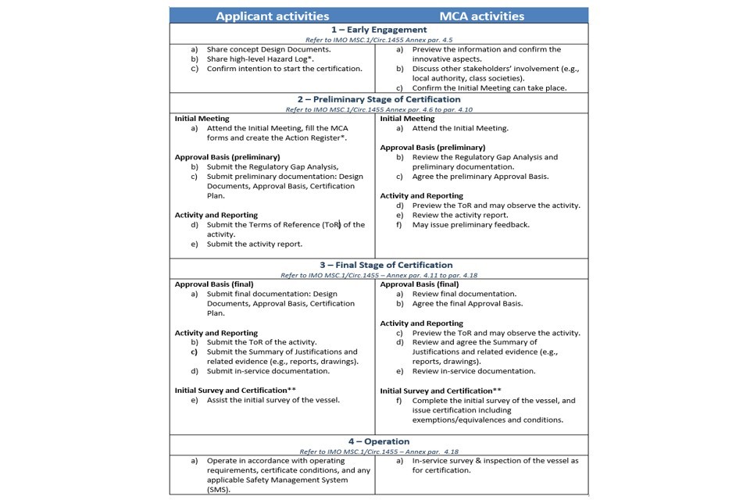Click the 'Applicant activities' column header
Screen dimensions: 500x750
pyautogui.click(x=272, y=16)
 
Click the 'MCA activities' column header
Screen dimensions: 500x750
pyautogui.click(x=481, y=16)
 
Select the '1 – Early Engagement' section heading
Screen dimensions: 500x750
pyautogui.click(x=379, y=30)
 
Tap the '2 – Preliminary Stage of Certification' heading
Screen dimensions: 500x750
pyautogui.click(x=379, y=100)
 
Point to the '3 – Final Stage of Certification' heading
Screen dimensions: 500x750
pyautogui.click(x=379, y=265)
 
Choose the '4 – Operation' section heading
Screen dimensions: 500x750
pyautogui.click(x=379, y=441)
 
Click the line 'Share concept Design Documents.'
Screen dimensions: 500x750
pyautogui.click(x=268, y=49)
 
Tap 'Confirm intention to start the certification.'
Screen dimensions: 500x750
pyautogui.click(x=284, y=69)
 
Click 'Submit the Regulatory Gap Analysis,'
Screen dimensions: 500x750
pyautogui.click(x=272, y=166)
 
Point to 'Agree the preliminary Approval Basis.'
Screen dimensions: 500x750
pyautogui.click(x=480, y=177)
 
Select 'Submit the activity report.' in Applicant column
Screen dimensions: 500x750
pyautogui.click(x=254, y=244)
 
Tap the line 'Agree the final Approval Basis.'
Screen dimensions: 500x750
pyautogui.click(x=467, y=304)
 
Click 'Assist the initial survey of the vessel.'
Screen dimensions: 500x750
pyautogui.click(x=273, y=400)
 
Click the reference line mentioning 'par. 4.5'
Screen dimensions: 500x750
pyautogui.click(x=379, y=39)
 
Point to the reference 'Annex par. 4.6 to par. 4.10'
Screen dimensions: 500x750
pyautogui.click(x=379, y=109)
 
